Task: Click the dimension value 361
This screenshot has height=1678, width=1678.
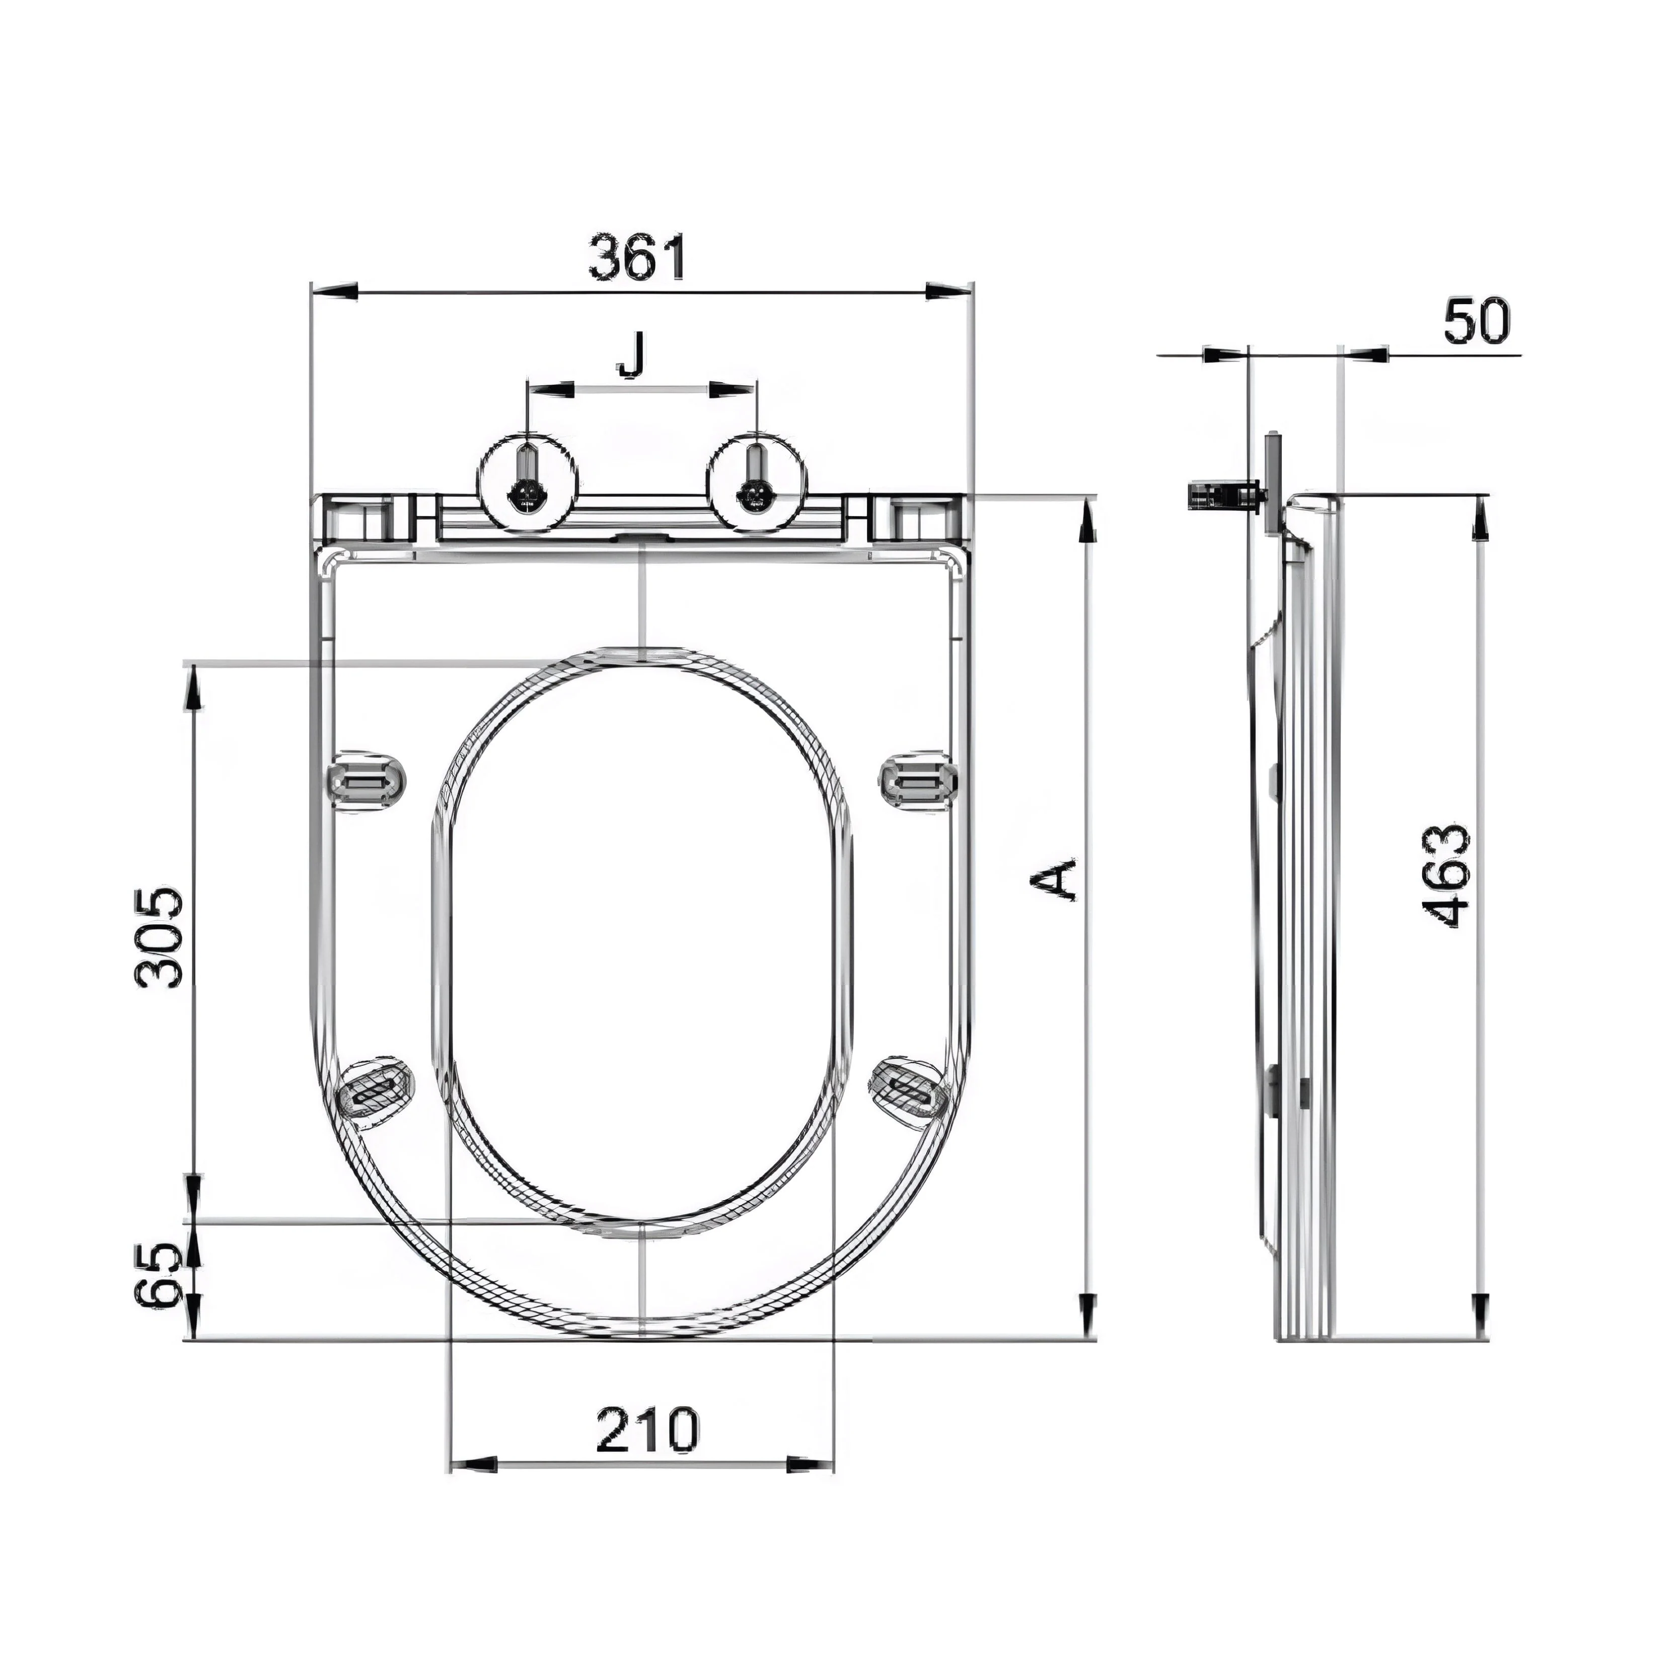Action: tap(638, 257)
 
